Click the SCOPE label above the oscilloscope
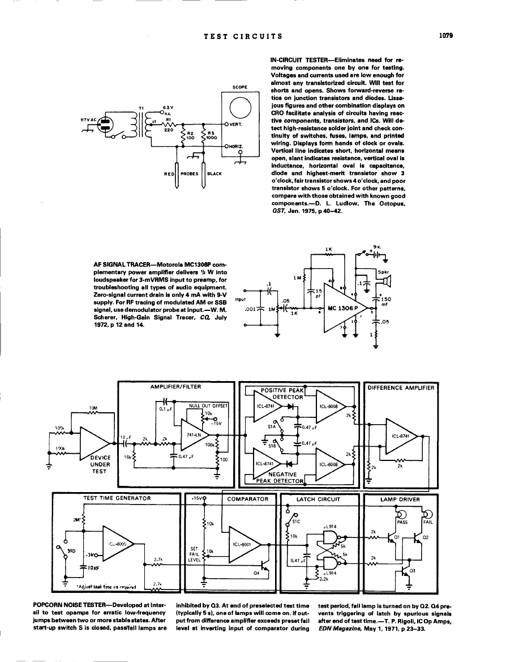[x=240, y=87]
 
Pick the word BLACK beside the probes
[x=215, y=174]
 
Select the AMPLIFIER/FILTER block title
[x=175, y=386]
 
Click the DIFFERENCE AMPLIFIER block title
[x=401, y=388]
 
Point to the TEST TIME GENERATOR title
[x=117, y=498]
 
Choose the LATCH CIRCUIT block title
[x=319, y=499]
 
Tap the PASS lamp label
[x=402, y=523]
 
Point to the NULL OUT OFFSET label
[x=208, y=406]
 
